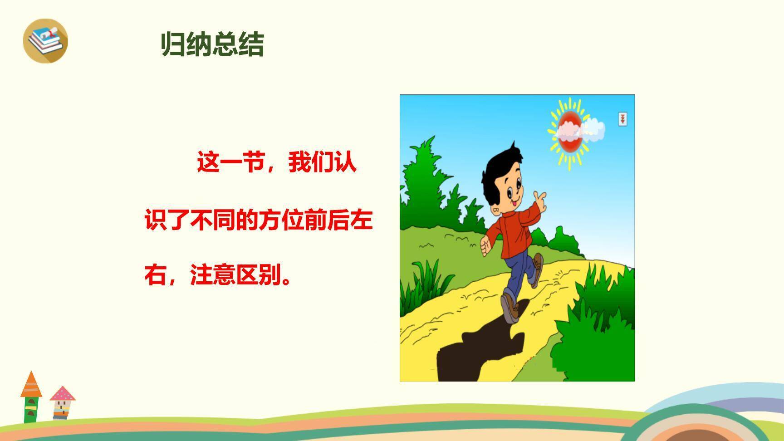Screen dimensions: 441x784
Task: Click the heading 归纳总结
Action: click(212, 45)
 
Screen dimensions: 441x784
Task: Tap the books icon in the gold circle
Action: click(45, 40)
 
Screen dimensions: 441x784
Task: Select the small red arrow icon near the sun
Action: click(622, 119)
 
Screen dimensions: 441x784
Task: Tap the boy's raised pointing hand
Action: click(539, 200)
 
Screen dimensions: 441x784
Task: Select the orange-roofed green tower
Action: click(31, 397)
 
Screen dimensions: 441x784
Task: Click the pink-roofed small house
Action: click(62, 402)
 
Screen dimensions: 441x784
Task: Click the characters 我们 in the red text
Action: click(311, 162)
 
